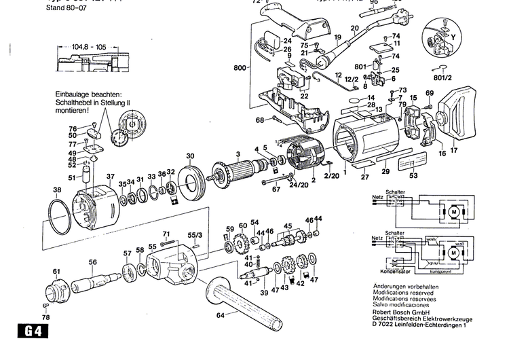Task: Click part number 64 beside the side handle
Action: (x=220, y=315)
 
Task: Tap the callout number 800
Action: (x=240, y=69)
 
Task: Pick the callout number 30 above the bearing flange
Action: (x=191, y=156)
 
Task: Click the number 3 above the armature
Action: (x=238, y=154)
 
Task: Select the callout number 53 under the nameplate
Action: (x=414, y=177)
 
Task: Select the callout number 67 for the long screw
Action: (x=276, y=190)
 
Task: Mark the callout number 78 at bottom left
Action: (x=45, y=317)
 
